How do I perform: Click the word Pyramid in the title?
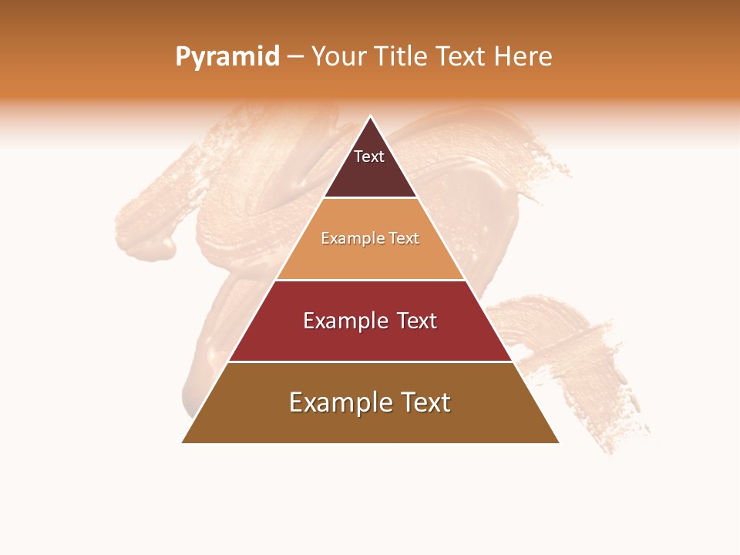pos(227,57)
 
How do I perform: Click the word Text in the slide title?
pos(461,57)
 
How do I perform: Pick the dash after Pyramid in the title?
pos(295,57)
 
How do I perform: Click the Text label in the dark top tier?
pos(369,156)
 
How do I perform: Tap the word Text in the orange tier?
pos(404,239)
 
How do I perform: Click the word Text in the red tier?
pos(417,321)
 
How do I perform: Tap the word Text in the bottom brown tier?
pos(422,402)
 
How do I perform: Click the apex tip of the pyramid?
pos(370,116)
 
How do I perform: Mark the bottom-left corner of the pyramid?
pos(182,442)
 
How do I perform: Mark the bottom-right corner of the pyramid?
pos(559,442)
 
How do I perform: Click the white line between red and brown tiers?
pos(370,362)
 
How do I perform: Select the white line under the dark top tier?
pos(370,198)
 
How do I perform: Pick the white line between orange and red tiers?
pos(370,280)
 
